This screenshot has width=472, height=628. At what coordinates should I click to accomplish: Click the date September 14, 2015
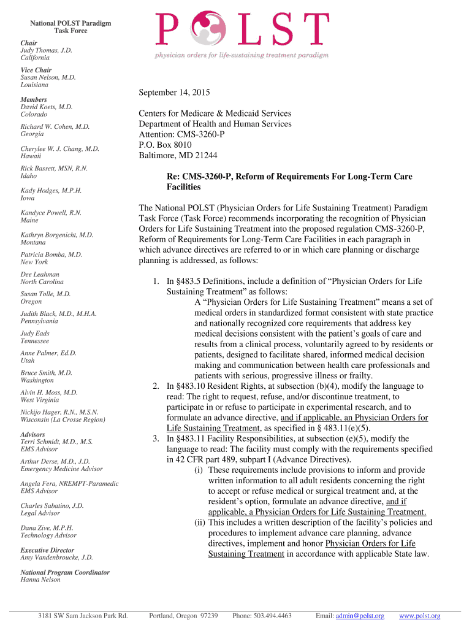coord(174,93)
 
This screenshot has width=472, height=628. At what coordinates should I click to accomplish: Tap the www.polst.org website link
coord(419,616)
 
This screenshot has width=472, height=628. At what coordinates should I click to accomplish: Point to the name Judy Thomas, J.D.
coord(47,50)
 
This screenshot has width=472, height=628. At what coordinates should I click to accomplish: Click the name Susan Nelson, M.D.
coord(48,77)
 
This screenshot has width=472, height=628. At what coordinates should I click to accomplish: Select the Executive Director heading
coord(47,550)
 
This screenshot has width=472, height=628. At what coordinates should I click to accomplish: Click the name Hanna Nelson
coord(40,580)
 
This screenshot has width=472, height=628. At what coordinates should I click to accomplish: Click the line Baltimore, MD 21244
coord(178,155)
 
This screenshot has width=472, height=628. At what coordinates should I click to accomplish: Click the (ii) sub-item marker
coord(199,523)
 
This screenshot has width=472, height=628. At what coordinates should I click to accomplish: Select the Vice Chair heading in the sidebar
coord(36,70)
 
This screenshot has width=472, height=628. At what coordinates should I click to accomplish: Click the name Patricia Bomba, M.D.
coord(51,254)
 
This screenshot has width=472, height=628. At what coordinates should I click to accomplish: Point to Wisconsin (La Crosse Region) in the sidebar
coord(63,419)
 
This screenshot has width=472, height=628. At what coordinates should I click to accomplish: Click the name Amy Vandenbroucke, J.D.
coord(57,557)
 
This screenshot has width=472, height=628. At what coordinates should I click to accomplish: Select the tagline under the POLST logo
coord(241,55)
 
